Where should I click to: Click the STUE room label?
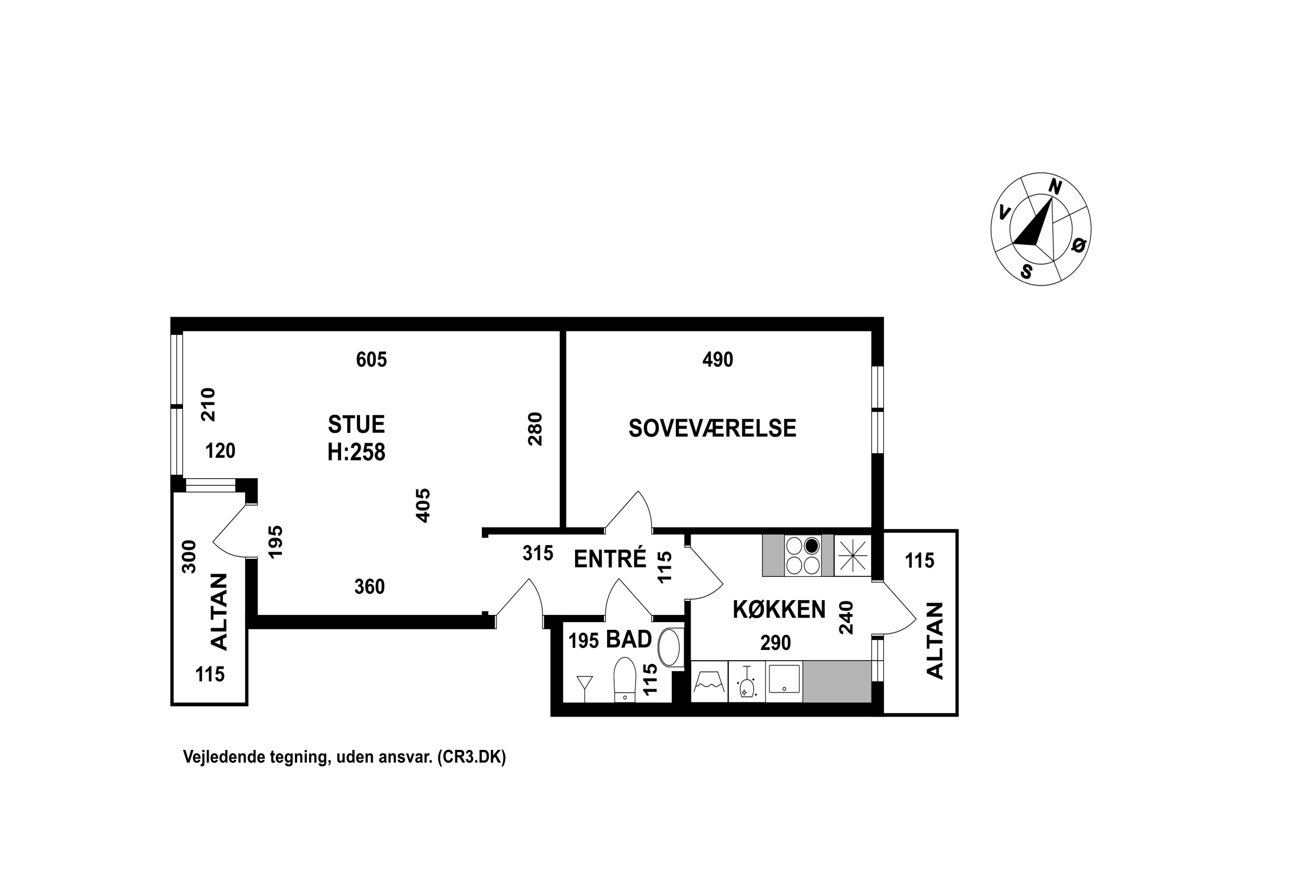point(357,424)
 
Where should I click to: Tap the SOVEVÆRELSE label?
point(712,428)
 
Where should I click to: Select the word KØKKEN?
point(779,610)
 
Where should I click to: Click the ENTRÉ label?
point(610,559)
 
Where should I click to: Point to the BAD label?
point(629,639)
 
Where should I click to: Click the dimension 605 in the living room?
point(371,359)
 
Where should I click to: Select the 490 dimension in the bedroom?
point(717,359)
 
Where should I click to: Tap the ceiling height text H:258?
point(357,452)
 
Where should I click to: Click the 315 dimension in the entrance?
point(538,553)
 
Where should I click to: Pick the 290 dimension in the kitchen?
point(775,643)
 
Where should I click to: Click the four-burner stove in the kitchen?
point(803,555)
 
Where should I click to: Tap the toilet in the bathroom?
point(625,679)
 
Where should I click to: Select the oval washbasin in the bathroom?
point(669,647)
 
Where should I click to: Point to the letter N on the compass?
point(1055,187)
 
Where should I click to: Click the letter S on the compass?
point(1026,272)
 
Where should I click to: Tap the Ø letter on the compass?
point(1079,245)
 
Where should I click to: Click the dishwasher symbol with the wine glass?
point(746,682)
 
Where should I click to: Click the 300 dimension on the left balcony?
point(189,556)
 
